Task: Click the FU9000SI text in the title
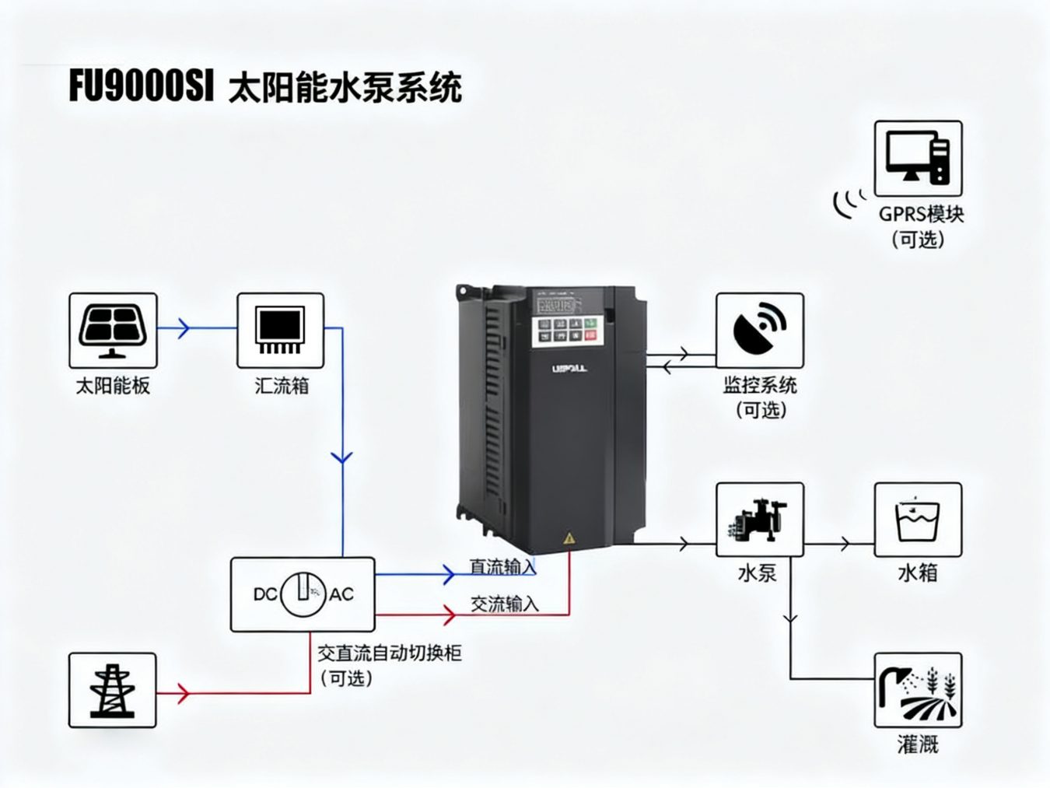click(141, 86)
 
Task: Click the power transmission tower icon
click(112, 690)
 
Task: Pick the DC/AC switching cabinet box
click(303, 594)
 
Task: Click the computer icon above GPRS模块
click(918, 158)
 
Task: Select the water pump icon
click(759, 519)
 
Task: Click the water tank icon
click(918, 519)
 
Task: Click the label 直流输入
click(502, 566)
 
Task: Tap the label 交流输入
click(504, 604)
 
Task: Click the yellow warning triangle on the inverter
click(569, 538)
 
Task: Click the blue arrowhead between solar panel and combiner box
click(183, 327)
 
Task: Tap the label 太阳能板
click(113, 385)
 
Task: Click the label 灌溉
click(918, 744)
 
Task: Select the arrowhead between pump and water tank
click(845, 544)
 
